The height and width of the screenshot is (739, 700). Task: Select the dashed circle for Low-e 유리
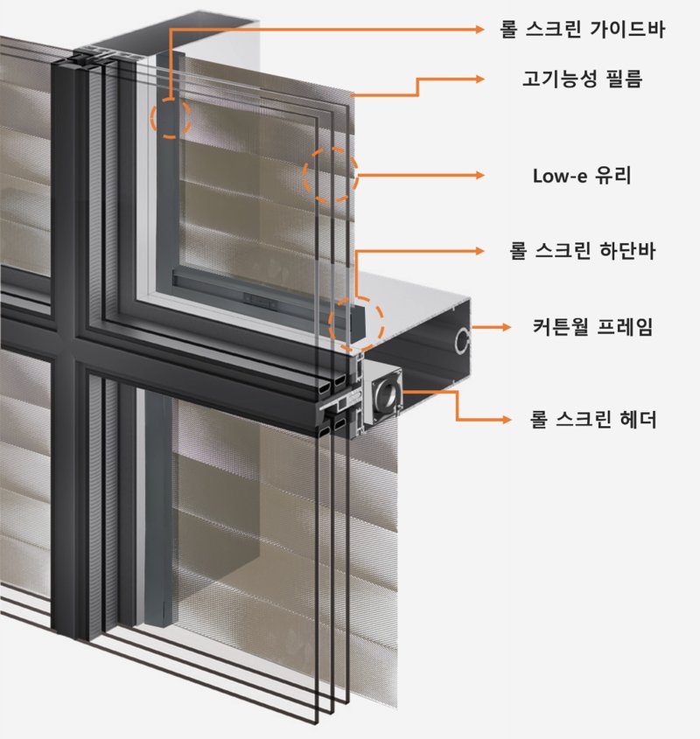(331, 174)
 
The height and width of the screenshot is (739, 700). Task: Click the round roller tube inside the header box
(385, 395)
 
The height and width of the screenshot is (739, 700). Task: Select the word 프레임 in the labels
(627, 328)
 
